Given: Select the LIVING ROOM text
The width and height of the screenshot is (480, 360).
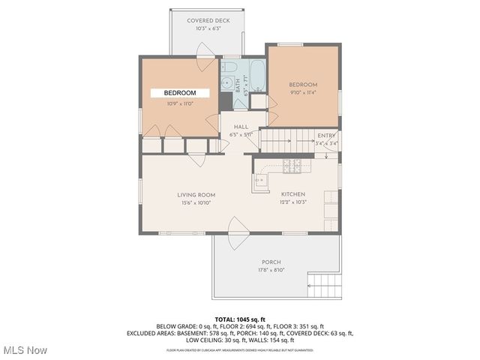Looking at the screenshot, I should coord(196,194).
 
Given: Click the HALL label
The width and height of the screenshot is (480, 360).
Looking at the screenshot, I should coord(241,127).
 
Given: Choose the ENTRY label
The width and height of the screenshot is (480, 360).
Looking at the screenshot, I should coord(327,135).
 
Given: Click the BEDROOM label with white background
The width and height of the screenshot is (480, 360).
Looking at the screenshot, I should coord(180,93).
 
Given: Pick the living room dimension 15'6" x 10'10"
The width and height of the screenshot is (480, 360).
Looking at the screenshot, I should coord(196,202).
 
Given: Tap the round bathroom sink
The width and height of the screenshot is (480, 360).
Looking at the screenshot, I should coord(226,83).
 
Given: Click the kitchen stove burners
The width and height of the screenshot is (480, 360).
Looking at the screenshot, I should coord(291,165).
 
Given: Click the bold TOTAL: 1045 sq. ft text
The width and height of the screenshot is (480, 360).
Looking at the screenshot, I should coord(240,319).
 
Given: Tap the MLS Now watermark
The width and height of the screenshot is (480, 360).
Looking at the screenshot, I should coord(25,350).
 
